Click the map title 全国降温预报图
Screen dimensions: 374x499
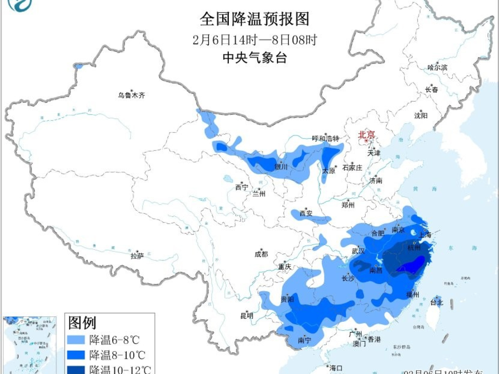[x=255, y=19]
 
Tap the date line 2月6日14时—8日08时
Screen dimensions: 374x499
[x=255, y=40]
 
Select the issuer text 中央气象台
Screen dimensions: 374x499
[x=255, y=58]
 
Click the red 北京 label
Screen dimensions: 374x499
[x=366, y=135]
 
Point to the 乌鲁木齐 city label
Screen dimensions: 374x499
[x=132, y=95]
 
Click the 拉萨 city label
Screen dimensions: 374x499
[x=137, y=256]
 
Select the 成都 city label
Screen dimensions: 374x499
[x=261, y=254]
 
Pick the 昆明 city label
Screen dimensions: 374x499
[x=246, y=316]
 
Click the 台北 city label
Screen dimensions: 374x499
[x=436, y=302]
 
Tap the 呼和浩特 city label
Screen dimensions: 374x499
[x=326, y=138]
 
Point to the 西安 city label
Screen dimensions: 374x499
[x=306, y=213]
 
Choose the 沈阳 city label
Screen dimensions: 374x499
[x=421, y=115]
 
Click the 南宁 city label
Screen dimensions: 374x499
[x=304, y=340]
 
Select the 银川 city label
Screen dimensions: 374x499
[x=281, y=167]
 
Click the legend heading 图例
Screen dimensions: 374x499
[x=82, y=323]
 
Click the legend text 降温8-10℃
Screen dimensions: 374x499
[x=117, y=355]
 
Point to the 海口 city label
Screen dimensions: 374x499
[x=336, y=368]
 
